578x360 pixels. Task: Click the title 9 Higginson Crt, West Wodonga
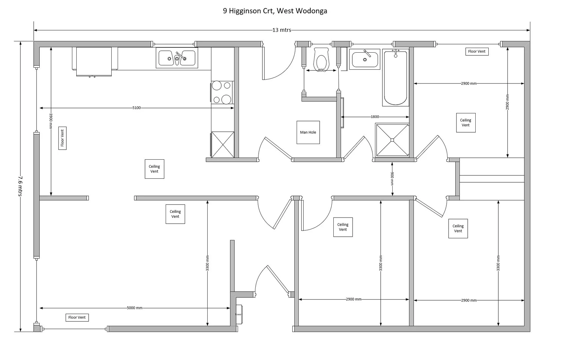point(275,11)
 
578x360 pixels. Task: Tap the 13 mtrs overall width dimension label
point(282,30)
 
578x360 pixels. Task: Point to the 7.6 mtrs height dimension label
point(20,186)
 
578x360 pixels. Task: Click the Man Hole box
point(308,132)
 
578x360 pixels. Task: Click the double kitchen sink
point(177,58)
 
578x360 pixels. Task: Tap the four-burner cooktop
point(222,92)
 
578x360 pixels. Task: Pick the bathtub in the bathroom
point(395,78)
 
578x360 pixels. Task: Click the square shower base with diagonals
point(392,140)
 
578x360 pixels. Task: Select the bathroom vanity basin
point(365,59)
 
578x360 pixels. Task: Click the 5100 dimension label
point(137,108)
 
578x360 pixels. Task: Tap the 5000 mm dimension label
point(135,308)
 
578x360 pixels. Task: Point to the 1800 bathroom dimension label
point(375,117)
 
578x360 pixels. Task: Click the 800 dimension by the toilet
point(321,70)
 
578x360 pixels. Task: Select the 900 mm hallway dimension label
point(392,179)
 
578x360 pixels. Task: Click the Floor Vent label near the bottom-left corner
point(77,317)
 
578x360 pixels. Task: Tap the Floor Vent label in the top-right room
point(477,51)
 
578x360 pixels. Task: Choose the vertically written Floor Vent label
point(62,138)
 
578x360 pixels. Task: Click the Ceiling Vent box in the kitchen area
point(154,169)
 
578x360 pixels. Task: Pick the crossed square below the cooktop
point(223,145)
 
